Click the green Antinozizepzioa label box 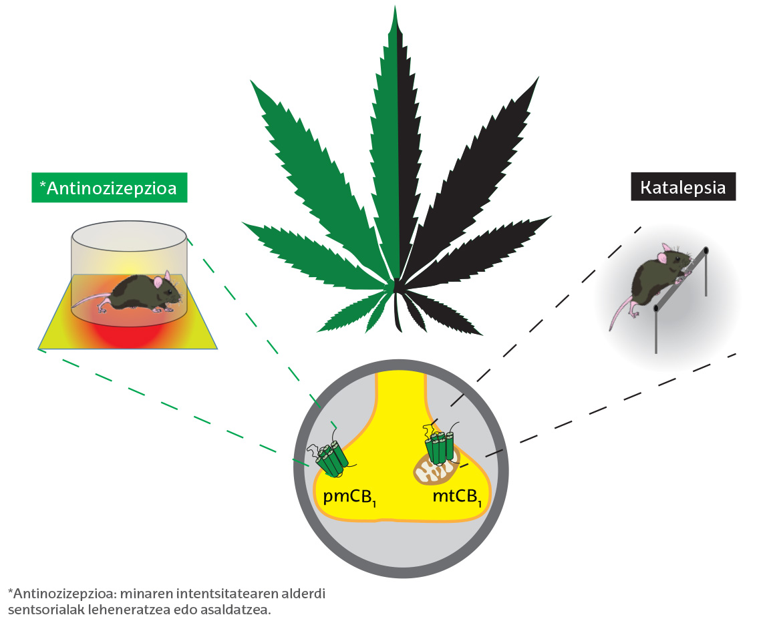108,188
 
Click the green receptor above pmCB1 331,459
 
